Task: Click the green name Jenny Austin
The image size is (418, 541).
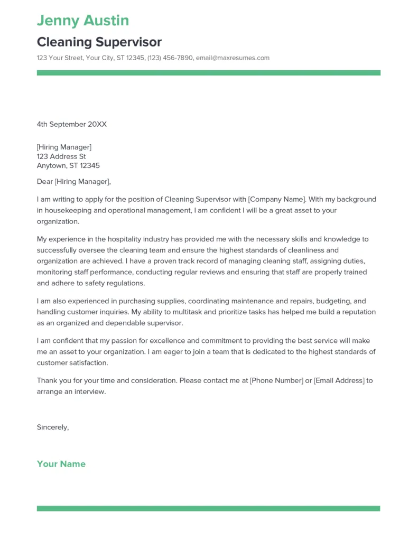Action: tap(83, 21)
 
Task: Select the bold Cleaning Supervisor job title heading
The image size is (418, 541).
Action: tap(99, 42)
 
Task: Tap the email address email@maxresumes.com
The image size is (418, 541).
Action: tap(233, 58)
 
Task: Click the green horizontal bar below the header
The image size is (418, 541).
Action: tap(208, 73)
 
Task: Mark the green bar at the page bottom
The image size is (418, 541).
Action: tap(208, 508)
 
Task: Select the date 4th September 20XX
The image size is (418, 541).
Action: tap(72, 124)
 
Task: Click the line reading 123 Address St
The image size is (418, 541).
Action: tap(61, 156)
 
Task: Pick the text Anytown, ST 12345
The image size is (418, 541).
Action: tap(68, 166)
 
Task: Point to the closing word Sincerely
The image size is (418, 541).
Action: tap(52, 427)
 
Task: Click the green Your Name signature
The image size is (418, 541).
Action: tap(61, 464)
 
